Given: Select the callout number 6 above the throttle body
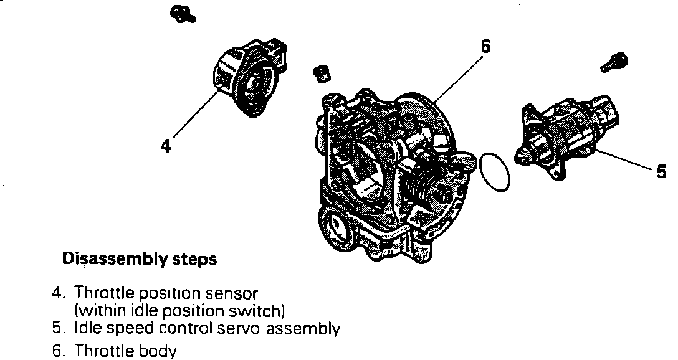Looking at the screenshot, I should (x=485, y=46).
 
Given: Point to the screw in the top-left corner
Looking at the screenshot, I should (x=182, y=13).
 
